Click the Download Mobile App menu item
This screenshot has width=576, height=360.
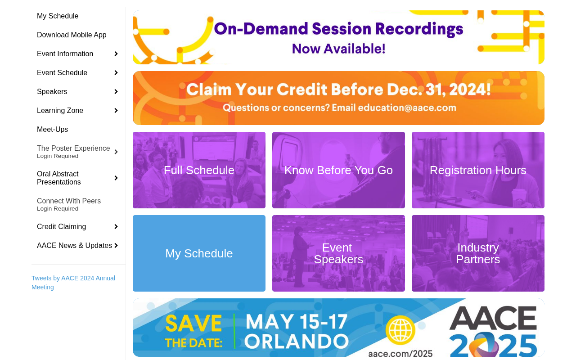pyautogui.click(x=72, y=35)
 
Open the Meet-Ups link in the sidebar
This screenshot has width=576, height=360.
pyautogui.click(x=53, y=129)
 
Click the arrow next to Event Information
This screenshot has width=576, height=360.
pyautogui.click(x=116, y=54)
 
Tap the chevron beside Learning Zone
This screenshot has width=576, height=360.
pyautogui.click(x=116, y=110)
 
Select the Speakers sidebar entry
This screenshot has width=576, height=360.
pyautogui.click(x=52, y=91)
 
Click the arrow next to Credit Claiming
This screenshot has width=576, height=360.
pyautogui.click(x=116, y=226)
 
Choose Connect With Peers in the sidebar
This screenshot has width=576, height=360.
pyautogui.click(x=69, y=204)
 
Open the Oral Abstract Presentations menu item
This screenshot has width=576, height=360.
pyautogui.click(x=58, y=178)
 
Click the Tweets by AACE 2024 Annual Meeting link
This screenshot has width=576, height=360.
pyautogui.click(x=73, y=283)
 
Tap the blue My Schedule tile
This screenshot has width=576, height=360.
pyautogui.click(x=199, y=253)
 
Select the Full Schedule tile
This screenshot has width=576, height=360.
pyautogui.click(x=199, y=170)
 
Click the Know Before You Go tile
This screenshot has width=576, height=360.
pyautogui.click(x=338, y=170)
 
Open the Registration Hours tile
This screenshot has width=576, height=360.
pyautogui.click(x=478, y=170)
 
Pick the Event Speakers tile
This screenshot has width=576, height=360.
pyautogui.click(x=338, y=253)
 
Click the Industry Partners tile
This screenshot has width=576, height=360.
pyautogui.click(x=478, y=253)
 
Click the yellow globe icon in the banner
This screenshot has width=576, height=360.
pyautogui.click(x=400, y=330)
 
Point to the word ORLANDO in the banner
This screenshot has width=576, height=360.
pyautogui.click(x=297, y=341)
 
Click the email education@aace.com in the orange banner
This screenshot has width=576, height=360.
pyautogui.click(x=407, y=108)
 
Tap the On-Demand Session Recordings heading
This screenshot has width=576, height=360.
pyautogui.click(x=338, y=29)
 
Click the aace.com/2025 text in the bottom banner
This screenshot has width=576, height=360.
pyautogui.click(x=400, y=354)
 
